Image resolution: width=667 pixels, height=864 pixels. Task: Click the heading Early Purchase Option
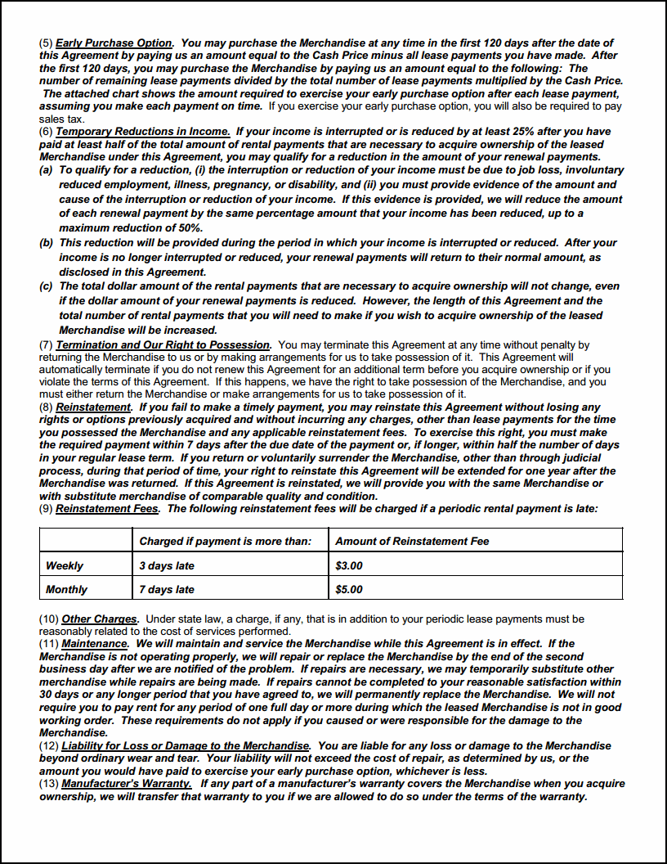pos(114,43)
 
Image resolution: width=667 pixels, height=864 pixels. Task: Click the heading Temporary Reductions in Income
pos(142,132)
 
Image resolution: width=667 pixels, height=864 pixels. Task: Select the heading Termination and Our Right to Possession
pos(163,345)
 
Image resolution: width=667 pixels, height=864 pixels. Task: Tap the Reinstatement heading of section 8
pos(93,407)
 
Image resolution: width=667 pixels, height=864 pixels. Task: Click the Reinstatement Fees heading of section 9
pos(107,508)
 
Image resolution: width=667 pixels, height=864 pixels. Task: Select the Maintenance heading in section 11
pos(95,644)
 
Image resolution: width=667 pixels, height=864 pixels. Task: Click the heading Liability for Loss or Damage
pos(186,746)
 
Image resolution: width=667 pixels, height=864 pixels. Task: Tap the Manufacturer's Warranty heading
pos(127,783)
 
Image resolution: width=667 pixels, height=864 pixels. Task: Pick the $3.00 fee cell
pos(349,565)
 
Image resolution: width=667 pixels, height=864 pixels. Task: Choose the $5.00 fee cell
pos(349,589)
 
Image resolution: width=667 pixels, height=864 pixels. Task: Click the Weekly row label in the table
pos(65,565)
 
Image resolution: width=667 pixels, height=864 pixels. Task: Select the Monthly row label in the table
pos(66,589)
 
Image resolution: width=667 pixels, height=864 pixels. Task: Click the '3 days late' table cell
pos(167,565)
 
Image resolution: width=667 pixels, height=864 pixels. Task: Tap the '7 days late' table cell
pos(167,589)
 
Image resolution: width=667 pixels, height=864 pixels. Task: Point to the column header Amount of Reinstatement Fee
pos(412,541)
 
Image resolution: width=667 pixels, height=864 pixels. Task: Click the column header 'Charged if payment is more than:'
pos(226,541)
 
